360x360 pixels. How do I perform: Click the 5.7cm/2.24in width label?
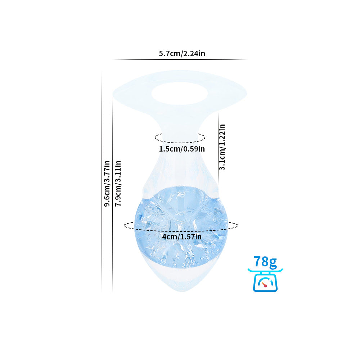coord(182,54)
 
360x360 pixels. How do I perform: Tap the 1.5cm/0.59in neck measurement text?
coord(182,149)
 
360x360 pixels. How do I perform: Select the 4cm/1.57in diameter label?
coord(182,237)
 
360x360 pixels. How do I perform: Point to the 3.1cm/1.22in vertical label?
coord(222,147)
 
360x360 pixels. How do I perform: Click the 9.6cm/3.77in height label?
coord(107,184)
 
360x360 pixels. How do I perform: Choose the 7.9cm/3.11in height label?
coord(118,183)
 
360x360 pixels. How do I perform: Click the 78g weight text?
coord(265,262)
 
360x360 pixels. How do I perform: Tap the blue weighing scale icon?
coord(265,280)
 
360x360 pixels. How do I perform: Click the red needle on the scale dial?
coord(265,285)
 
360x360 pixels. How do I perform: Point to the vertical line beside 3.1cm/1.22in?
coord(218,148)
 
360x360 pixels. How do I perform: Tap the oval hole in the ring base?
coord(180,94)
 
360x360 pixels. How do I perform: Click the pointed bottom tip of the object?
coord(182,292)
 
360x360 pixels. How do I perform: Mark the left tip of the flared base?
coord(113,94)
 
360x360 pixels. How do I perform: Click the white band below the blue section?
coord(181,273)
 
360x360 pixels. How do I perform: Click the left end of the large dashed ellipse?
coord(124,225)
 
